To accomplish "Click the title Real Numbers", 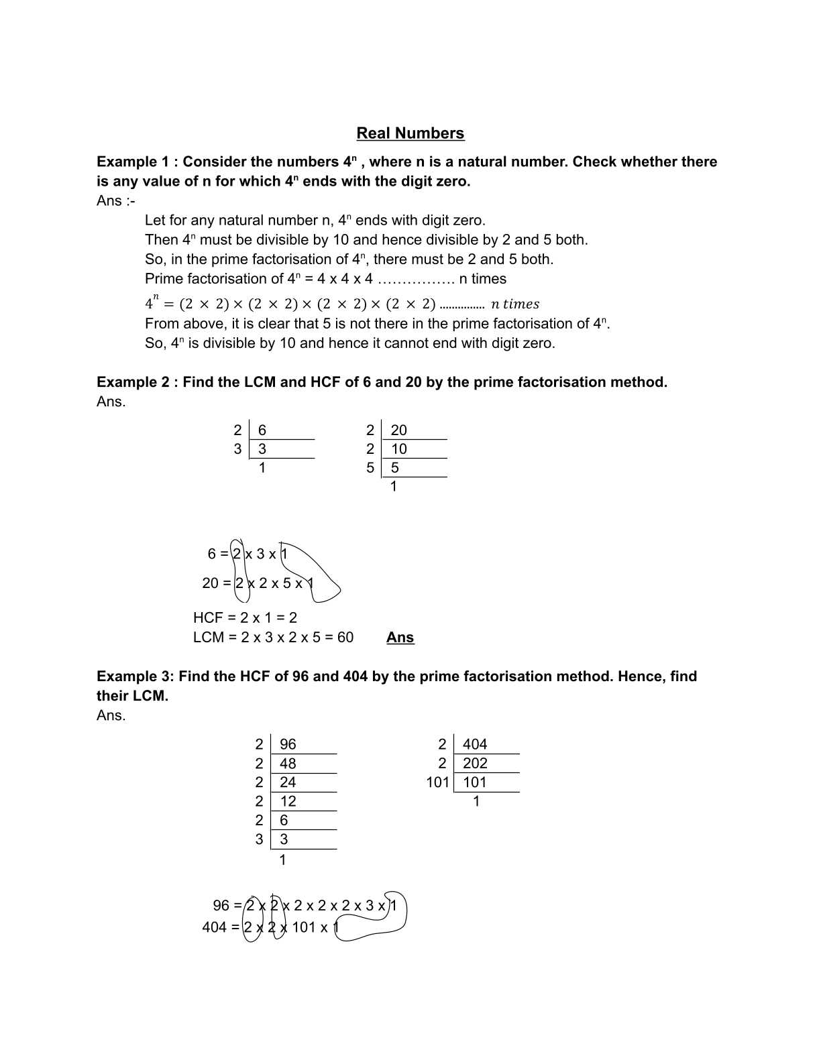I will [410, 133].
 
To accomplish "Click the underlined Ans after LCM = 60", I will [400, 638].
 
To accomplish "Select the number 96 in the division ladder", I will [288, 744].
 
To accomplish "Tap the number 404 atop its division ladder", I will [474, 744].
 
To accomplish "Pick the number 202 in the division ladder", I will [474, 763].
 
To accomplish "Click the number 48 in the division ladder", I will [288, 764].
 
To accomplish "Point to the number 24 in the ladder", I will [288, 782].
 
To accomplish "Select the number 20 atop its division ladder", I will [398, 430].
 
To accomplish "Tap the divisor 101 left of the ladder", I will [437, 782].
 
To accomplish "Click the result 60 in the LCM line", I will [345, 638].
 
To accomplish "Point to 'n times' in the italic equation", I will [514, 304].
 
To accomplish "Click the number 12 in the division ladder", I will [288, 801].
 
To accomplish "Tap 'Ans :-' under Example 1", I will [115, 201].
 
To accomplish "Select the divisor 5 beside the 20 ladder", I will [370, 468].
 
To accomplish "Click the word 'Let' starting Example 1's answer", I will [155, 221].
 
